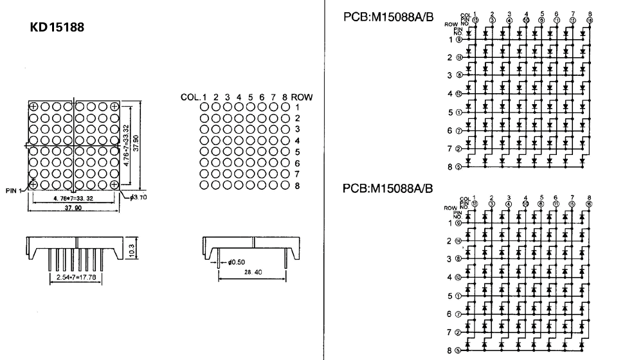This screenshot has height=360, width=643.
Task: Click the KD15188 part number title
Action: (57, 28)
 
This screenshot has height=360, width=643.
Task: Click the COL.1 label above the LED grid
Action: (193, 97)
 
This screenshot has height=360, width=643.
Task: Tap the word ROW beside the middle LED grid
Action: (302, 97)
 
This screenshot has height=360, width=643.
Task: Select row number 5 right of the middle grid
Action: (298, 152)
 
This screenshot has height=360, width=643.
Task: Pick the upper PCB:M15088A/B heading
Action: (389, 19)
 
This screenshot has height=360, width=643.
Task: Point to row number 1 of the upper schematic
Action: (451, 39)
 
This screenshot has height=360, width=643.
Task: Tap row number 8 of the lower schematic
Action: (451, 350)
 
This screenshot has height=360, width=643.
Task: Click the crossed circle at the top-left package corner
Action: (33, 107)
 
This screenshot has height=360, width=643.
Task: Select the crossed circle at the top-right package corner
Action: (114, 107)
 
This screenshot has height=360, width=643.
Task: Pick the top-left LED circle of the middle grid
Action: (204, 107)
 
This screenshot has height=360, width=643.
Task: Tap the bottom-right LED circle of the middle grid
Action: (286, 185)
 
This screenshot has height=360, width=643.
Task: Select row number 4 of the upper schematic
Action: (451, 94)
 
